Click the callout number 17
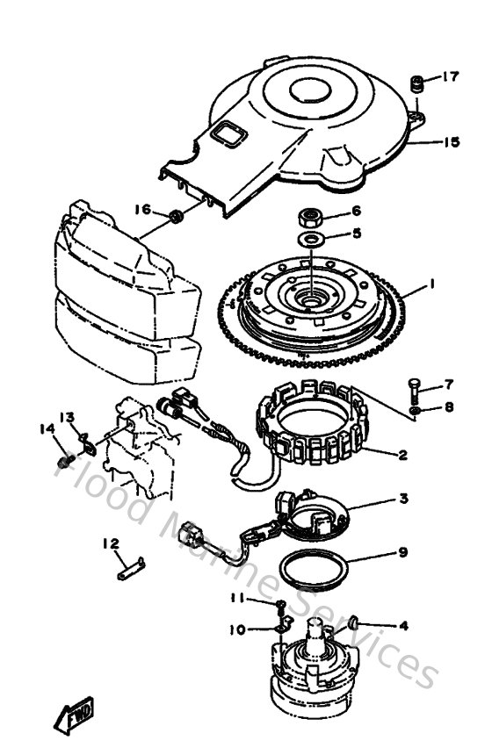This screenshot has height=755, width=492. click(450, 77)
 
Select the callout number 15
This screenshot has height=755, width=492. click(452, 142)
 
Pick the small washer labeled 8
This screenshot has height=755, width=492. click(414, 409)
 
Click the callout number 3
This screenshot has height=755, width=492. click(403, 499)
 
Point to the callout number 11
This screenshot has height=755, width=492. click(236, 599)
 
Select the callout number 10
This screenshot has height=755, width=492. click(237, 629)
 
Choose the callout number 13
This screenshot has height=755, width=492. click(67, 416)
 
